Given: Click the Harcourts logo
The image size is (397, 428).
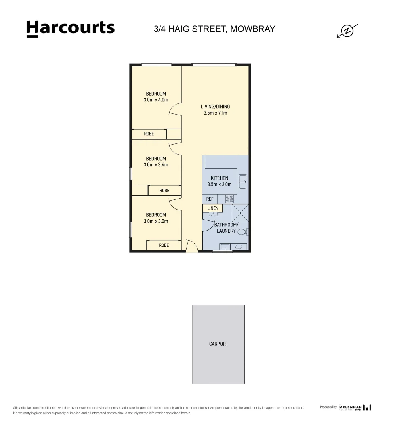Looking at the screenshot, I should [70, 29].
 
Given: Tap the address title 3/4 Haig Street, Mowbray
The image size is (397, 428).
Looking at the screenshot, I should [214, 29].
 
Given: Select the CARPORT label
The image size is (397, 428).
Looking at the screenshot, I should [218, 344].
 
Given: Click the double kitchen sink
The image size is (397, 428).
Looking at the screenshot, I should [242, 181].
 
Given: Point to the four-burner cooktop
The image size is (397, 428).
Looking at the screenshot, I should [230, 199].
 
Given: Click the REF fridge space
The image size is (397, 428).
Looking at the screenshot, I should [210, 199].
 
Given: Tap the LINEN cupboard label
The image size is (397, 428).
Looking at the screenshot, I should [213, 208].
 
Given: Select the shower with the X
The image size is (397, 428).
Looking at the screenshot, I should [240, 213].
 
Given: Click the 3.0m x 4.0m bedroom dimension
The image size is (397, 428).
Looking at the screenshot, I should [156, 100].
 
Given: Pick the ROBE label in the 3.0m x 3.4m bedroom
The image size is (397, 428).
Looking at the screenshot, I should [164, 191].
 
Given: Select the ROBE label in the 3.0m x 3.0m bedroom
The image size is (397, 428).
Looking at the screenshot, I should [164, 245].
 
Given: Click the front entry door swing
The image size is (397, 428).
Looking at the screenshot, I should [191, 246].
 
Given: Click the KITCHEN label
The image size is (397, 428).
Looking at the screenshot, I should [219, 178].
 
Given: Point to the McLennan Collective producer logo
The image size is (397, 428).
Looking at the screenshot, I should [355, 407].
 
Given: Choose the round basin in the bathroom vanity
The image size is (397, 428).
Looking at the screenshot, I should [239, 247].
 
